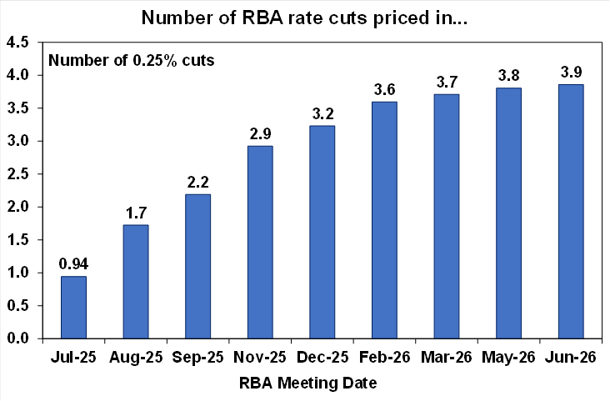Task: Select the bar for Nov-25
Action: click(260, 242)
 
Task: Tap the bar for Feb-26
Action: click(384, 220)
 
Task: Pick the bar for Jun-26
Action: click(571, 211)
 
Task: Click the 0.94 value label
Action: click(72, 264)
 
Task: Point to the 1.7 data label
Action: click(135, 213)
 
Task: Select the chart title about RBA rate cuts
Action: click(305, 18)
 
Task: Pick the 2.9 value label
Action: click(260, 133)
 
